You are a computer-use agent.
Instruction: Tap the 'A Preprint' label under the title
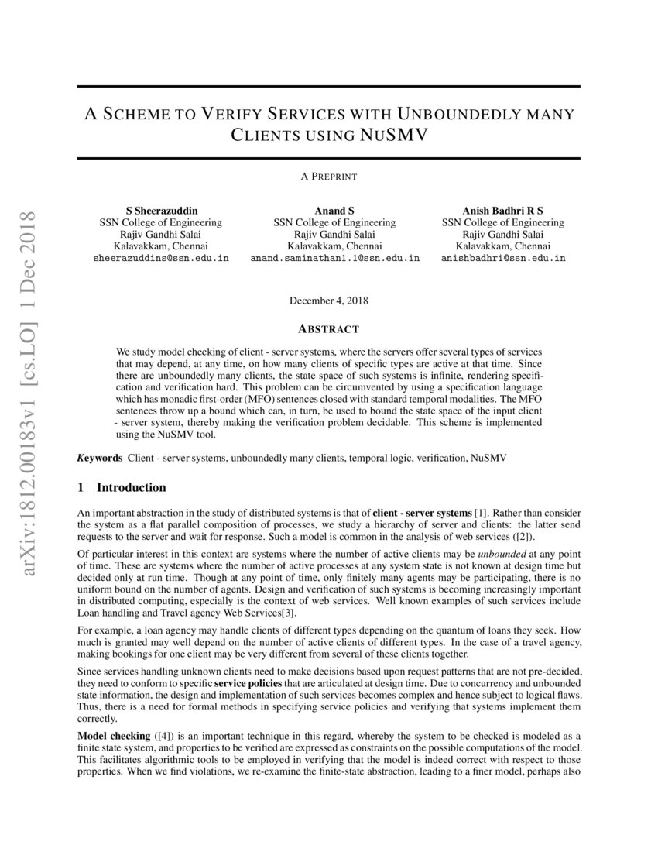pos(329,177)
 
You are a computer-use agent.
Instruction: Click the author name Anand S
pos(334,211)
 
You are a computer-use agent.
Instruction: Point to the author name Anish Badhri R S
pos(502,211)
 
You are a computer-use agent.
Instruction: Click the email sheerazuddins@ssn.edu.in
pos(160,258)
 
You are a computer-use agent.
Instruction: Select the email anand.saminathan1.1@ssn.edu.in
pos(334,258)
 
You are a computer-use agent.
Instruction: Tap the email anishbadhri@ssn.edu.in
pos(502,258)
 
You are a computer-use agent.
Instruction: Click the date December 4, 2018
pos(329,300)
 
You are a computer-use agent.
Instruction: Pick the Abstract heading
pos(329,328)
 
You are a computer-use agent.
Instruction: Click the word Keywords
pos(100,459)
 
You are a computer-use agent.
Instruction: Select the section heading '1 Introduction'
pos(122,488)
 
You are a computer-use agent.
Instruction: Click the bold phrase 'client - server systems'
pos(422,514)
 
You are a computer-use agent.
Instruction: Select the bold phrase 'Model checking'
pos(114,735)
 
